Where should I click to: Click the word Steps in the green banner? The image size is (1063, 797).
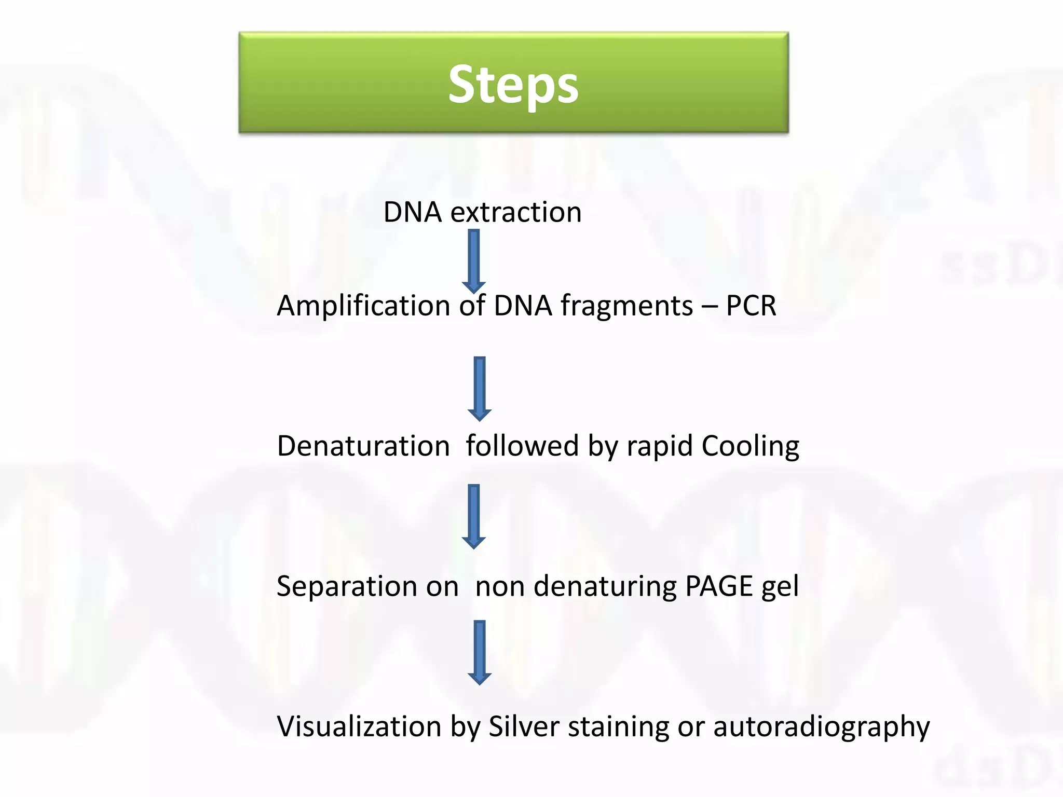pos(513,85)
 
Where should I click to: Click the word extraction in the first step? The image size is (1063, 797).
pos(516,212)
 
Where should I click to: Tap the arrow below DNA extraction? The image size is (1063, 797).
pos(474,261)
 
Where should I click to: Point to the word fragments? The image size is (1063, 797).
pos(626,306)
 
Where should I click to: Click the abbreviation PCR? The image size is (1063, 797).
pos(751,306)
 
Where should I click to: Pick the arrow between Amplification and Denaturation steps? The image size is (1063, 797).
pos(480,388)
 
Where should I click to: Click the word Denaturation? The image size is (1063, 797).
pos(363,446)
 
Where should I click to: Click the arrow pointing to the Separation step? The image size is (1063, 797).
pos(474,516)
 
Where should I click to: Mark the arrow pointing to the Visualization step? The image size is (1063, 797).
pos(480,652)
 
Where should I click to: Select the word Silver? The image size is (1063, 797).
pos(524,726)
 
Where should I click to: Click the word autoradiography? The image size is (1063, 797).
pos(821,727)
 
